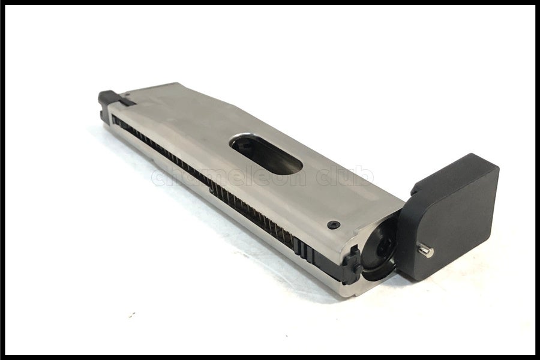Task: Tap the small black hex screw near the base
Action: [x=334, y=225]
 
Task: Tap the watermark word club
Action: [x=345, y=176]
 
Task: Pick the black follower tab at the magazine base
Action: [x=353, y=265]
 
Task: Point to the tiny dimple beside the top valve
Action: [x=128, y=94]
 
